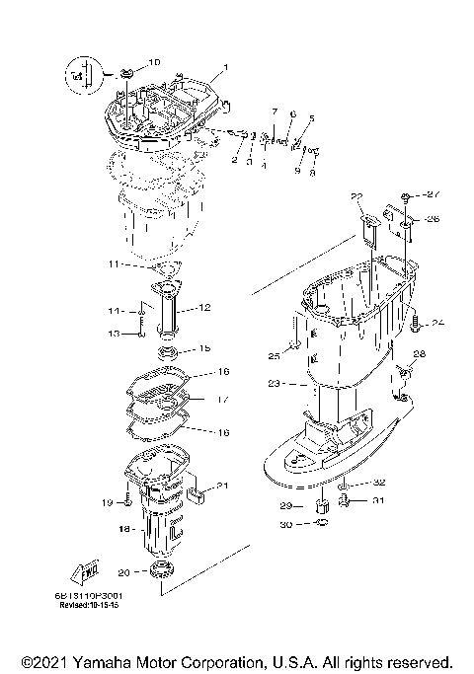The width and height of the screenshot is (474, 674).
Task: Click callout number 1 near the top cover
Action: (x=225, y=68)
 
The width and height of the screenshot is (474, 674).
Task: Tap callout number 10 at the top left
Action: (x=153, y=63)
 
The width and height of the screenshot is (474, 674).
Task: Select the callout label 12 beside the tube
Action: (x=205, y=308)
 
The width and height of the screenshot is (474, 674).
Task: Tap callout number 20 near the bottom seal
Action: (x=122, y=573)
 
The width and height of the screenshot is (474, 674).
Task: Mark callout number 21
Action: (x=222, y=485)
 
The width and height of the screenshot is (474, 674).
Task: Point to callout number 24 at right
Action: (x=438, y=322)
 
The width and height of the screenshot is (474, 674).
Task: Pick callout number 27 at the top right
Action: (x=433, y=194)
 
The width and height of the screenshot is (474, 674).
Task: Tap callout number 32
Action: (x=378, y=484)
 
